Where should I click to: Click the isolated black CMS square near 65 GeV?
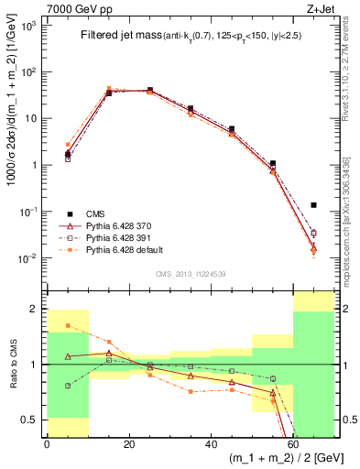click(314, 205)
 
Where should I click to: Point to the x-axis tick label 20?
click(128, 444)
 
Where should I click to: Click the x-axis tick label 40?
click(211, 444)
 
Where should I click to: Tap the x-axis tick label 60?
click(293, 444)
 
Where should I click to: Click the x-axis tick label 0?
click(47, 444)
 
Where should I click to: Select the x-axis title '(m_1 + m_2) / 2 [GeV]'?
click(285, 459)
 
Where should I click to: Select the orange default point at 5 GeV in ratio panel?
click(67, 325)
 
